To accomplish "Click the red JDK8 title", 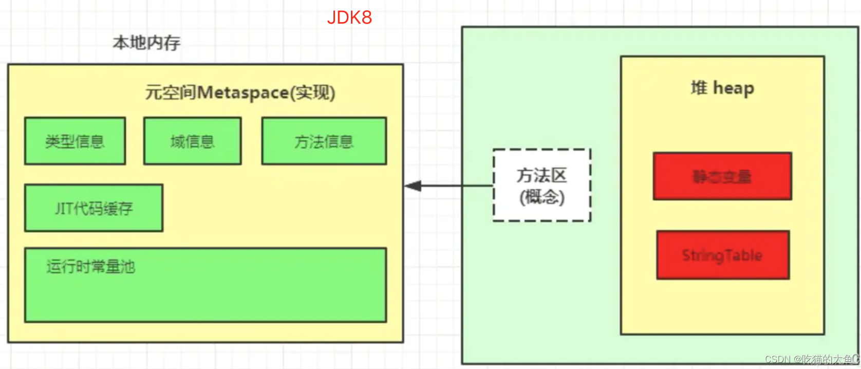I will pos(349,17).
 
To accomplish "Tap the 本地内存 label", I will pos(146,43).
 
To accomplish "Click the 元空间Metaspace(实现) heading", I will pos(240,93).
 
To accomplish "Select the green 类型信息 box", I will pos(75,141).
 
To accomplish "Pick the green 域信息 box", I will pos(192,141).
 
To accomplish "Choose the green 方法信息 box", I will pos(324,141).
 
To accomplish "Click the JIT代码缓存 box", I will pos(93,208).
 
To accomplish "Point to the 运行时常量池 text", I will pos(90,267).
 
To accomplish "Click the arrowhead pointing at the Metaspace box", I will pos(413,186).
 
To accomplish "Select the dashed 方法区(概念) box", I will pos(541,185).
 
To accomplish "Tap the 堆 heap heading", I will pos(722,88).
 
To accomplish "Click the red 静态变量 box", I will pos(722,176).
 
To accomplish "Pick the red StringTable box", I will pos(722,255).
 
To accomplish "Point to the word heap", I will pos(733,89).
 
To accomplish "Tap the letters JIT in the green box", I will pos(64,208).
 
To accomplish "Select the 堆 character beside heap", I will pos(699,88).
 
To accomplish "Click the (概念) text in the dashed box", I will pos(541,197).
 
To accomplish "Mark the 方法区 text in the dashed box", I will pos(541,175).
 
